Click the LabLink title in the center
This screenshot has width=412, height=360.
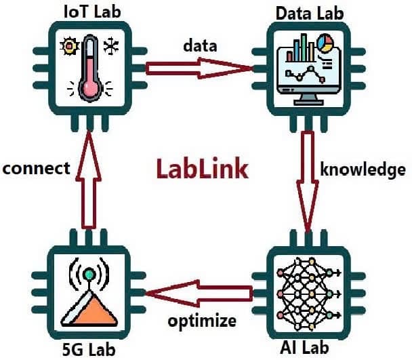pyautogui.click(x=203, y=169)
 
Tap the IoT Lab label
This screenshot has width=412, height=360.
pyautogui.click(x=92, y=12)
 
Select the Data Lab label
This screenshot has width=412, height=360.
pyautogui.click(x=310, y=14)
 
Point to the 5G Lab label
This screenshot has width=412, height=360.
pyautogui.click(x=89, y=350)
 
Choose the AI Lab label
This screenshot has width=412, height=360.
pyautogui.click(x=304, y=347)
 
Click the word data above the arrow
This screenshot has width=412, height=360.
pyautogui.click(x=200, y=45)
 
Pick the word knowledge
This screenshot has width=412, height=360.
pyautogui.click(x=363, y=169)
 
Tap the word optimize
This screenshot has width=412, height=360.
pyautogui.click(x=202, y=321)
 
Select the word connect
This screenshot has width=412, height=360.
pyautogui.click(x=37, y=168)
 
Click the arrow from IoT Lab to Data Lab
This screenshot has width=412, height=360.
pyautogui.click(x=199, y=68)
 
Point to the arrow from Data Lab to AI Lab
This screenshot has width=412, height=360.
pyautogui.click(x=308, y=182)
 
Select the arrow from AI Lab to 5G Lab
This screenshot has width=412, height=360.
pyautogui.click(x=199, y=293)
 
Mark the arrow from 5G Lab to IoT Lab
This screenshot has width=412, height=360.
pyautogui.click(x=89, y=180)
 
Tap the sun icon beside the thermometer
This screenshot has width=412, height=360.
pyautogui.click(x=69, y=46)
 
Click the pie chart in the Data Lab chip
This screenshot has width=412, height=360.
pyautogui.click(x=325, y=43)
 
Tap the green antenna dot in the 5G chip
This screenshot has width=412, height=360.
pyautogui.click(x=89, y=275)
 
